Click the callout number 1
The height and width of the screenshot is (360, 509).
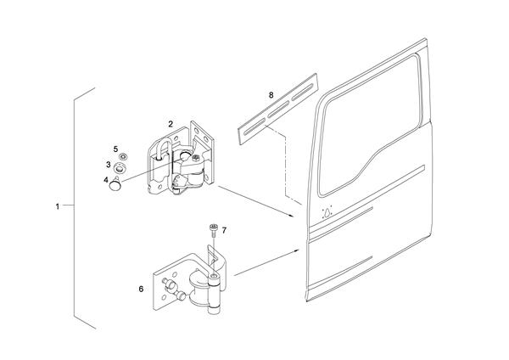tap(58, 206)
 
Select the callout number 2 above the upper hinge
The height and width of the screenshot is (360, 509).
tap(171, 124)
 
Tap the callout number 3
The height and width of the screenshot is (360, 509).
tap(109, 165)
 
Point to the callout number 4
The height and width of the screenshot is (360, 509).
tap(106, 179)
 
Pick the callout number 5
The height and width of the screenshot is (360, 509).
tap(115, 149)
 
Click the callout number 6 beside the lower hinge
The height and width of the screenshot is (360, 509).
tap(141, 289)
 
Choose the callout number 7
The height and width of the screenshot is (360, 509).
tap(224, 230)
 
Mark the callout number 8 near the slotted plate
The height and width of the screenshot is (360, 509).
tap(271, 95)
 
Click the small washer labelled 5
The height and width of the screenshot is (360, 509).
tap(123, 156)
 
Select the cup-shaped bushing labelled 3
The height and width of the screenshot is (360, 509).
tap(120, 168)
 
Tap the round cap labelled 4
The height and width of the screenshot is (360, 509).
tap(115, 184)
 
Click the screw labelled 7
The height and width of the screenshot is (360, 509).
tap(214, 230)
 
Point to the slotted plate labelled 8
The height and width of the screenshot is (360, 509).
tap(277, 109)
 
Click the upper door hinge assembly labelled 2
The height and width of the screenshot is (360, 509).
tap(181, 158)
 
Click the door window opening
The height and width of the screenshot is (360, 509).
tap(370, 126)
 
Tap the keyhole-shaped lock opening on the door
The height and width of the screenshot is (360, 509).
tap(327, 213)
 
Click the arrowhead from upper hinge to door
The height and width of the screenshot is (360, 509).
tap(292, 215)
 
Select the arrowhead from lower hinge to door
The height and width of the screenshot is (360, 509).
tap(296, 250)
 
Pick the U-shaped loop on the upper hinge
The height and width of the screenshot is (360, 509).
tap(165, 149)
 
